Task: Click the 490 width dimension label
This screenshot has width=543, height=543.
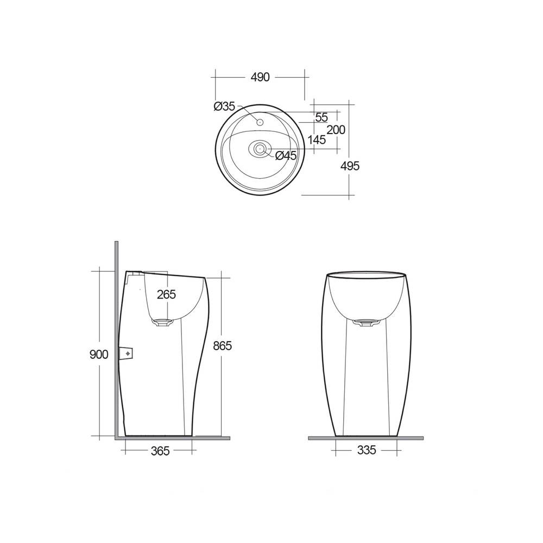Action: (260, 77)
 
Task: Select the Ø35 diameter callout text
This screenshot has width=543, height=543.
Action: (224, 106)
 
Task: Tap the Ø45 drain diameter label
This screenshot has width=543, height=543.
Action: (286, 156)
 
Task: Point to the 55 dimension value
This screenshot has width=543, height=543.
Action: (321, 117)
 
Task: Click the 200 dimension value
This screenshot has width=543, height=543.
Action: (336, 130)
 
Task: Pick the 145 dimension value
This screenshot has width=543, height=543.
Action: (316, 140)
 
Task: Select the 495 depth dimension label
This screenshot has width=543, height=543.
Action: (351, 166)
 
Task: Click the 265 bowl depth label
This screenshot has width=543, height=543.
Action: (166, 295)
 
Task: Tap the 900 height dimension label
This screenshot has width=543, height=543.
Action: (99, 354)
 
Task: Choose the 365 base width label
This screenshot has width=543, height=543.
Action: (160, 451)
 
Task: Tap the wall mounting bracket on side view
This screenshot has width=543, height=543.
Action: (128, 353)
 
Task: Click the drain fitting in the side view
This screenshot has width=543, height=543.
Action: (163, 323)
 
